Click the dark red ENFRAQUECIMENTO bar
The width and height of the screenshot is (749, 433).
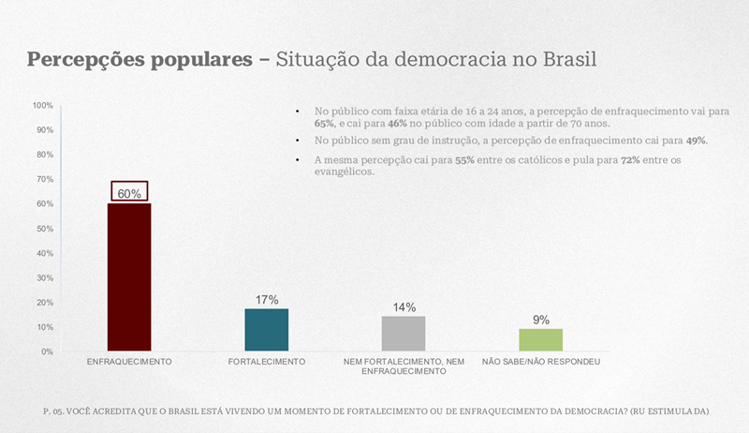tap(129, 277)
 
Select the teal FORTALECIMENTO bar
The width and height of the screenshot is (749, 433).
tap(267, 330)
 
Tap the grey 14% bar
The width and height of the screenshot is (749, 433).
tap(404, 334)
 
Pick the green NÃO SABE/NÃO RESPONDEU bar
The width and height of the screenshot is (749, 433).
tap(540, 340)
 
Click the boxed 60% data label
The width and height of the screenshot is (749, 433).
tap(129, 193)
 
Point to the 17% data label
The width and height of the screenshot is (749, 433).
tap(267, 300)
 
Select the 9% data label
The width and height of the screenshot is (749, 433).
tap(541, 320)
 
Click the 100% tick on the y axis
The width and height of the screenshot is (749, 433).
tap(43, 105)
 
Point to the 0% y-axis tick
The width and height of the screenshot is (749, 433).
tap(47, 351)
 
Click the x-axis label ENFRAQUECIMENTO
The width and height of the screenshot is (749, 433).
tap(129, 362)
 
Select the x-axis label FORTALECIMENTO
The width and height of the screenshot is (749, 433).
tap(267, 362)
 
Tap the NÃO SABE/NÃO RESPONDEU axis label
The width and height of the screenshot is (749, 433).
tap(541, 362)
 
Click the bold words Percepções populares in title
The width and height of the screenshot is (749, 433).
tap(139, 59)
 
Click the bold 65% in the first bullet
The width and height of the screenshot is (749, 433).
tap(324, 124)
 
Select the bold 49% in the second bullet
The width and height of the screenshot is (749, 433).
tap(696, 141)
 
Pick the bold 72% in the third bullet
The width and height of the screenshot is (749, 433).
tap(629, 161)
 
